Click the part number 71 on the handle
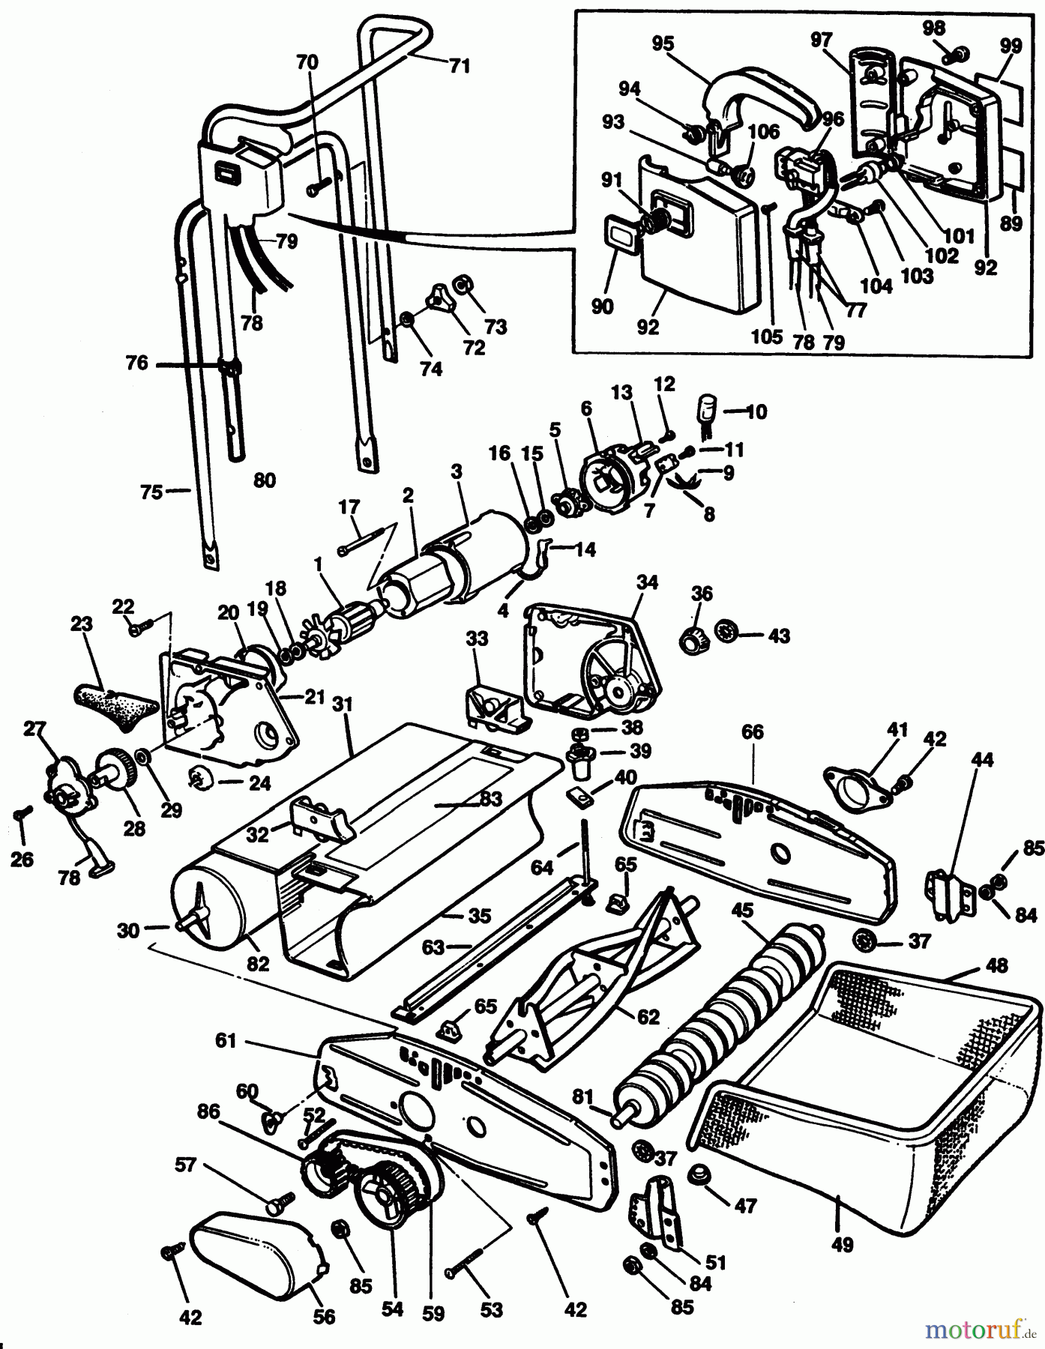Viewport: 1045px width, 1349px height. pyautogui.click(x=460, y=66)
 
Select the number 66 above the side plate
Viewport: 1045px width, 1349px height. pyautogui.click(x=753, y=731)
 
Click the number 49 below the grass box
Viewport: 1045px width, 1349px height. pyautogui.click(x=843, y=1245)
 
